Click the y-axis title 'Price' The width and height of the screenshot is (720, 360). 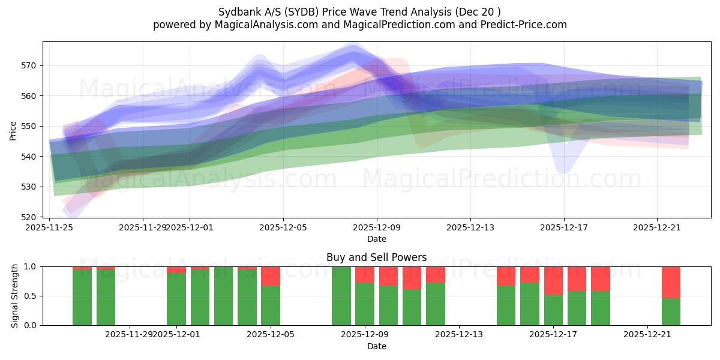click(x=13, y=130)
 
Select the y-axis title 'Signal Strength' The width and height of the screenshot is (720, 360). click(x=15, y=296)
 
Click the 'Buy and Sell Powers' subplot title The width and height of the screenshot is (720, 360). click(x=376, y=257)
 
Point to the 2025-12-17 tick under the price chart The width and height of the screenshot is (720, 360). click(x=563, y=227)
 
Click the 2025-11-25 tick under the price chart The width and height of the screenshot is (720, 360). click(x=50, y=227)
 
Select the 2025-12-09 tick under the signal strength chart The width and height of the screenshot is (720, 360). click(x=365, y=334)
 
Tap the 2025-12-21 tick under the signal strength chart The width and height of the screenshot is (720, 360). click(x=647, y=334)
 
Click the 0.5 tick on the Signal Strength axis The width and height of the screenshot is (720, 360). click(x=31, y=296)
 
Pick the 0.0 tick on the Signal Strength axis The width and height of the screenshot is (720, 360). click(x=31, y=325)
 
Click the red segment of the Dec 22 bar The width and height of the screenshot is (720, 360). click(x=671, y=282)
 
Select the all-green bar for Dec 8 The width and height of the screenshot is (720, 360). click(x=341, y=296)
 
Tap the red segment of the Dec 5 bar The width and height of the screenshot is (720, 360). click(x=271, y=275)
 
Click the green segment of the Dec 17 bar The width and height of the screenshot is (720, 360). click(x=553, y=310)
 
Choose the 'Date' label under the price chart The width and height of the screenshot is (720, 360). click(x=376, y=239)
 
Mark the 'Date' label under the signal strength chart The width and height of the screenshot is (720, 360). click(x=376, y=346)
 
